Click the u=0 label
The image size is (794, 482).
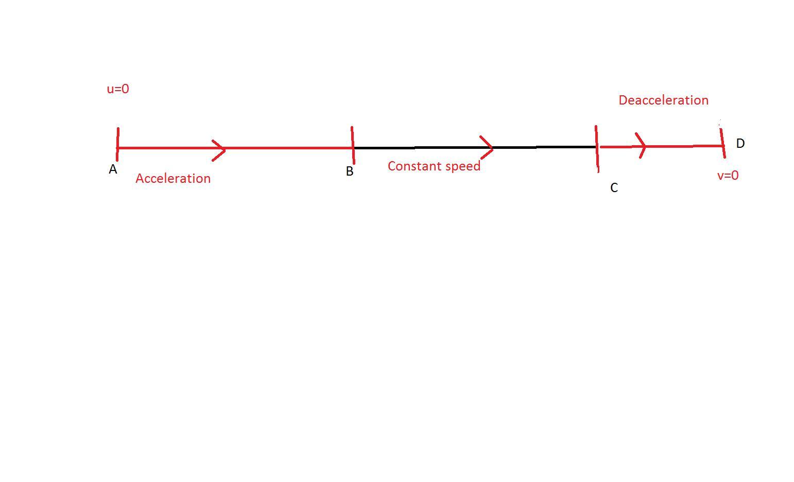(118, 89)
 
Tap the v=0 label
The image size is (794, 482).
(728, 176)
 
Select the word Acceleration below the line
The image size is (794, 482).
(173, 178)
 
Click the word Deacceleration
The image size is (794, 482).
(664, 100)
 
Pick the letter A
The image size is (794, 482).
(113, 169)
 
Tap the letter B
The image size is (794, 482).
(350, 171)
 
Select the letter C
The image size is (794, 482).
(614, 188)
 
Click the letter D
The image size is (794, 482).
(740, 144)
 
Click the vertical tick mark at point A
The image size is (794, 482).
(118, 145)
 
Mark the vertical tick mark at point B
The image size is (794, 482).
(353, 145)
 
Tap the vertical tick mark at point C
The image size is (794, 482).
(597, 149)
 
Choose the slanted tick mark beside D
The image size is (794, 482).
(723, 143)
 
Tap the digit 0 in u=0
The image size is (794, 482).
(125, 89)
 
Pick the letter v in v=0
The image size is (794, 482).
(720, 176)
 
